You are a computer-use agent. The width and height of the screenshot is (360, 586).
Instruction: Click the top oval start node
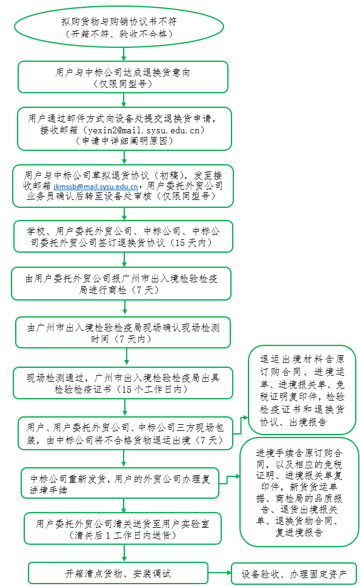[x=119, y=27]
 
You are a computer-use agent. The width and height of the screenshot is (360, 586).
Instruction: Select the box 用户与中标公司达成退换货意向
[x=123, y=77]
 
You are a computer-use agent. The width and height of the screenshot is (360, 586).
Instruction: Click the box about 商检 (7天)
[x=121, y=284]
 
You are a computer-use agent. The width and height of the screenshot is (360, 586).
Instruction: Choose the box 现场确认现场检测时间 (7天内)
[x=123, y=333]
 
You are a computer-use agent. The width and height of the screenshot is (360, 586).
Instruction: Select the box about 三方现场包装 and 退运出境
[x=125, y=433]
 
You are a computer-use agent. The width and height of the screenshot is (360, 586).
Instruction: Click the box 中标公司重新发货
[x=119, y=483]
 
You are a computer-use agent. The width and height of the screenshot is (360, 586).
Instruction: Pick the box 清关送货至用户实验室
[x=122, y=529]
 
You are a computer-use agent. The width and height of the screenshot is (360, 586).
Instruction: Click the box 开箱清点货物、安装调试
[x=118, y=573]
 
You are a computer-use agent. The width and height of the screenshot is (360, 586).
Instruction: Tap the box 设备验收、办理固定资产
[x=294, y=574]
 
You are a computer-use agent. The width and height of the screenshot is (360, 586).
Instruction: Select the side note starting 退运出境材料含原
[x=302, y=390]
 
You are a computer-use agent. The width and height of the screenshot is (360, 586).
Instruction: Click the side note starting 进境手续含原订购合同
[x=299, y=492]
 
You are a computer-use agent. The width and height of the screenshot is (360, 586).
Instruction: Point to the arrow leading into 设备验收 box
[x=220, y=573]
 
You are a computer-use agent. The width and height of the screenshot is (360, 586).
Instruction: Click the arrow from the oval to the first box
[x=124, y=55]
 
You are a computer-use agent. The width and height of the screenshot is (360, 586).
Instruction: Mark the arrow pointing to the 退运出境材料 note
[x=241, y=425]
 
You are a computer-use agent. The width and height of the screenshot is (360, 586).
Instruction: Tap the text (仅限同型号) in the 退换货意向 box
[x=123, y=84]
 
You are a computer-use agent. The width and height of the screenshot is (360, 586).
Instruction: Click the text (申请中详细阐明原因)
[x=124, y=141]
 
